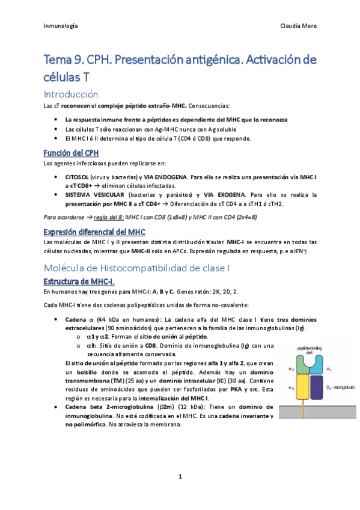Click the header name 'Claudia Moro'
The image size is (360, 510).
[298, 26]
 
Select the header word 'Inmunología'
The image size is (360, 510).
[61, 26]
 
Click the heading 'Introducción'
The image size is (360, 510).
[70, 94]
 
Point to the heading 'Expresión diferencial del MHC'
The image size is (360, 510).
[94, 232]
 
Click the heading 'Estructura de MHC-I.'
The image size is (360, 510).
[80, 281]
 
